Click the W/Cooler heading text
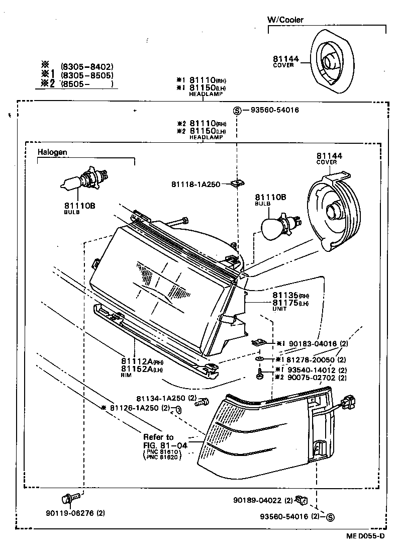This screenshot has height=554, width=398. click(x=285, y=20)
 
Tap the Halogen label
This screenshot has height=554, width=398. click(x=52, y=152)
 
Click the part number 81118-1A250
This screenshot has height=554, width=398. click(x=196, y=184)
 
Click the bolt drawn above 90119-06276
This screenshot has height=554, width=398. click(x=70, y=498)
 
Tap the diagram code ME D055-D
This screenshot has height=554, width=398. click(x=365, y=536)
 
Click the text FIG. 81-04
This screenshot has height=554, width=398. click(x=165, y=445)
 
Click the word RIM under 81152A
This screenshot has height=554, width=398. click(x=126, y=375)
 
